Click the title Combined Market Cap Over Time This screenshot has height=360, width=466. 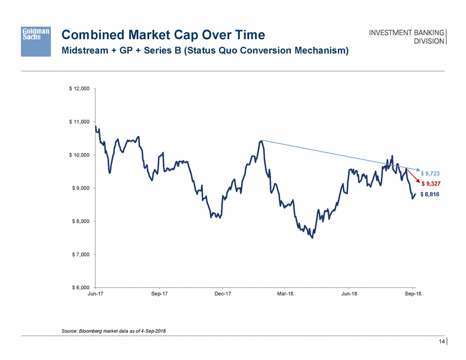pyautogui.click(x=163, y=35)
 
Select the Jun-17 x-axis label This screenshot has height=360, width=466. pyautogui.click(x=96, y=294)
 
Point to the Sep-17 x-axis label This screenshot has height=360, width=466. pyautogui.click(x=159, y=294)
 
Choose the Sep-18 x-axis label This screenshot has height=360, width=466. pyautogui.click(x=413, y=294)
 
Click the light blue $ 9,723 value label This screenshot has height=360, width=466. pyautogui.click(x=432, y=173)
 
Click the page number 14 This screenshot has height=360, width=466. pyautogui.click(x=440, y=341)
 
